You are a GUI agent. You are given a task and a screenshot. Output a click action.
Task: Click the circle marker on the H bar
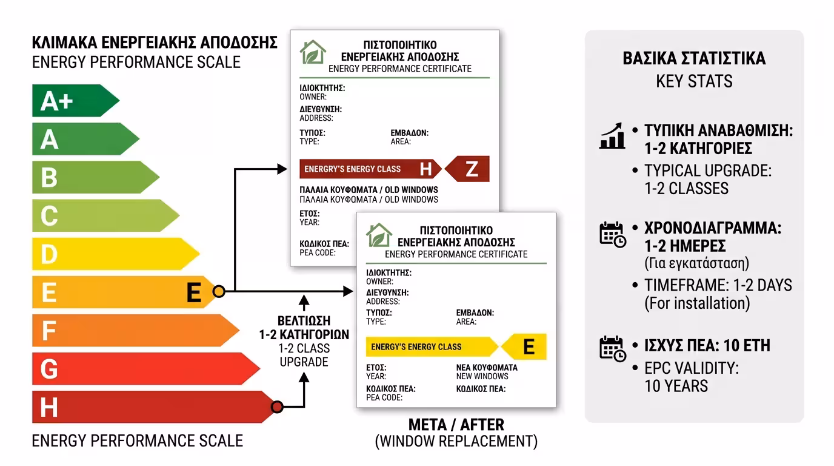click(277, 407)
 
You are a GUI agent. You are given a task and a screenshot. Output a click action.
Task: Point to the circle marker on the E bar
click(219, 292)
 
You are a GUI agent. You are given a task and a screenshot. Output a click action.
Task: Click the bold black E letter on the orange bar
click(193, 292)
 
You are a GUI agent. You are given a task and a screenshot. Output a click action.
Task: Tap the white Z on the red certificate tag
click(472, 169)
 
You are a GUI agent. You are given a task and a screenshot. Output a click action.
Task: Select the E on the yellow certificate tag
click(529, 347)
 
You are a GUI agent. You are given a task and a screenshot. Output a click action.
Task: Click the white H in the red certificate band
click(426, 169)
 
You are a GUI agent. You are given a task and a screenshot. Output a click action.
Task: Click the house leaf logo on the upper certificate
click(313, 53)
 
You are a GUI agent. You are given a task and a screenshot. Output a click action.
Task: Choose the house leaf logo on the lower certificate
click(379, 235)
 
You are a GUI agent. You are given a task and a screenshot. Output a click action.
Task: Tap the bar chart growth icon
click(612, 137)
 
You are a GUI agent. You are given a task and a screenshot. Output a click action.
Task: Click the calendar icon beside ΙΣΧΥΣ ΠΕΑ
click(612, 348)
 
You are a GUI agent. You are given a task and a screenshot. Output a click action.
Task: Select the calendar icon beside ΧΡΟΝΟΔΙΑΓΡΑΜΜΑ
click(612, 234)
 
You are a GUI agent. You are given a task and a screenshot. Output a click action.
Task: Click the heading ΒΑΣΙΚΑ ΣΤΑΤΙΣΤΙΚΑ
click(694, 59)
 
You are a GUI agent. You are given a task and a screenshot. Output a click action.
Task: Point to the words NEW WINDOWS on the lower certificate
click(482, 377)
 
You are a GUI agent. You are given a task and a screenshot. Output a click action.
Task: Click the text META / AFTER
click(456, 425)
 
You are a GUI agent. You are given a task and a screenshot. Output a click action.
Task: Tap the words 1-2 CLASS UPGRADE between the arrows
click(304, 355)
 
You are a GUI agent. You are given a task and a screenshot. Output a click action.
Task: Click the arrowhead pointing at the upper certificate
click(282, 169)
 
